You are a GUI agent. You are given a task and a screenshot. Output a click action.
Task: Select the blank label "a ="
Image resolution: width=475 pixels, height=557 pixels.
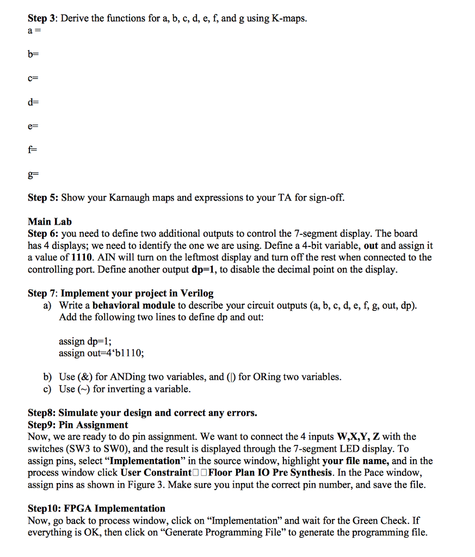coord(34,31)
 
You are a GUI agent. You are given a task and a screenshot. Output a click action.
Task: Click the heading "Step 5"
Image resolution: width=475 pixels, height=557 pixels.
coord(42,197)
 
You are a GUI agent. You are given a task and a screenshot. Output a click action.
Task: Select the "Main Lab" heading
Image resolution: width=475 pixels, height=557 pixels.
coord(50,221)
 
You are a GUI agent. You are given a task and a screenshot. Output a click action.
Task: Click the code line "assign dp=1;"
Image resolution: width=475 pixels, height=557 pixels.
coord(85,342)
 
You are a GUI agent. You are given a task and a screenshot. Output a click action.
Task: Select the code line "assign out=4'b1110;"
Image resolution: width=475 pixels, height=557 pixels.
coord(102,353)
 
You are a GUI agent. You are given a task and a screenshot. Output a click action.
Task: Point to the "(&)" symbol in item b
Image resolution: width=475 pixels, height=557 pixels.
coord(85,377)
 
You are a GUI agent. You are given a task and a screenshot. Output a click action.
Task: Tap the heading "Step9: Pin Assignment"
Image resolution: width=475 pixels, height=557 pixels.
coord(78,425)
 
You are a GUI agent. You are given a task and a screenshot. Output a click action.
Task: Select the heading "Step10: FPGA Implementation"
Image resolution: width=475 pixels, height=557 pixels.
coord(96,509)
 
